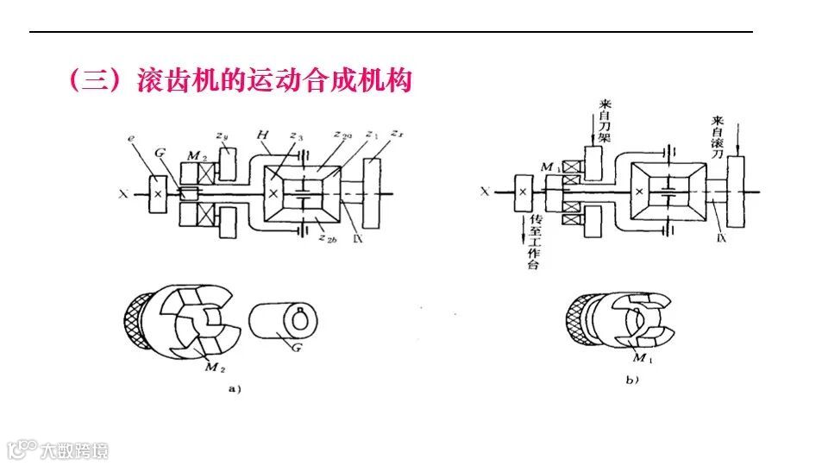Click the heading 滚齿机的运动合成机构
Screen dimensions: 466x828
(x=274, y=82)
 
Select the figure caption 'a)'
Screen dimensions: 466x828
(x=232, y=389)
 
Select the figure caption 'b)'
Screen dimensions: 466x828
(x=631, y=380)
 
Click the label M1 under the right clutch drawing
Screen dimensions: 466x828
(x=642, y=357)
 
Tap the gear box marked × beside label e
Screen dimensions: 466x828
(x=157, y=193)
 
